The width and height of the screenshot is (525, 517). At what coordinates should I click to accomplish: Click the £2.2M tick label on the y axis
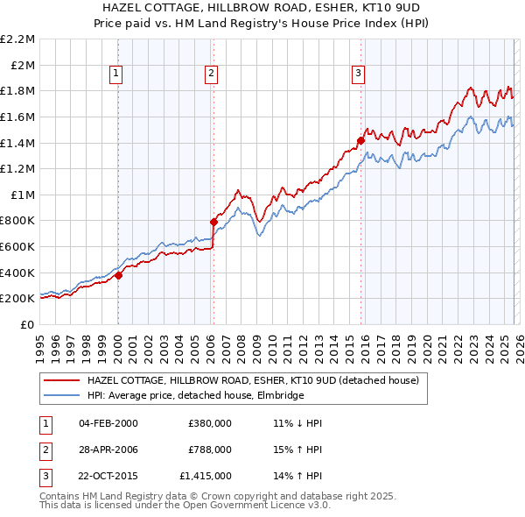pyautogui.click(x=17, y=39)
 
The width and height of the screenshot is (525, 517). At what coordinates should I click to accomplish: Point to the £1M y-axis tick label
pyautogui.click(x=22, y=195)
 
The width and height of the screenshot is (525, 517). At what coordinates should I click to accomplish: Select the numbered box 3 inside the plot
pyautogui.click(x=359, y=74)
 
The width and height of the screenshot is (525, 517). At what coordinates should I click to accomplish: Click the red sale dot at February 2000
pyautogui.click(x=119, y=275)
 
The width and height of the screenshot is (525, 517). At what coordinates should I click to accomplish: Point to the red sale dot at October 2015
pyautogui.click(x=360, y=140)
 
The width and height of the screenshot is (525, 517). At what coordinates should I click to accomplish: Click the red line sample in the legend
pyautogui.click(x=62, y=380)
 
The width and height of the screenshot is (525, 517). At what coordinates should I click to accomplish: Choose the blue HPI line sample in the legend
pyautogui.click(x=62, y=395)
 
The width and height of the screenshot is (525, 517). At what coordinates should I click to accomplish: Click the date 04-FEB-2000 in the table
pyautogui.click(x=108, y=423)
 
